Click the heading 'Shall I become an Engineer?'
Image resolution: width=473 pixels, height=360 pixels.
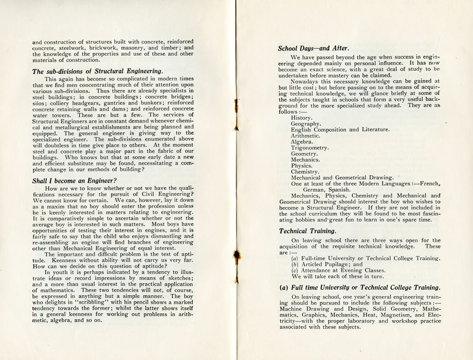75,181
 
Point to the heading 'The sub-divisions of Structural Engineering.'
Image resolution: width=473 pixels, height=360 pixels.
98,71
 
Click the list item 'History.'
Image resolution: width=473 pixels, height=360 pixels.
302,118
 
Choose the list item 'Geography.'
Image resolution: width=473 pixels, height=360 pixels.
306,124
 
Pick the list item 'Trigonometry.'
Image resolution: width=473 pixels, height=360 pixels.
310,148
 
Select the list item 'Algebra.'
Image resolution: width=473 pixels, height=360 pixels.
302,141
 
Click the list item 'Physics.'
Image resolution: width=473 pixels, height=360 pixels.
302,166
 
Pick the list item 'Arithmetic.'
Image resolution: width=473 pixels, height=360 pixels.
305,136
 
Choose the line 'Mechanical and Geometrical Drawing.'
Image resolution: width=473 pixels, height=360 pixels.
342,178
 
